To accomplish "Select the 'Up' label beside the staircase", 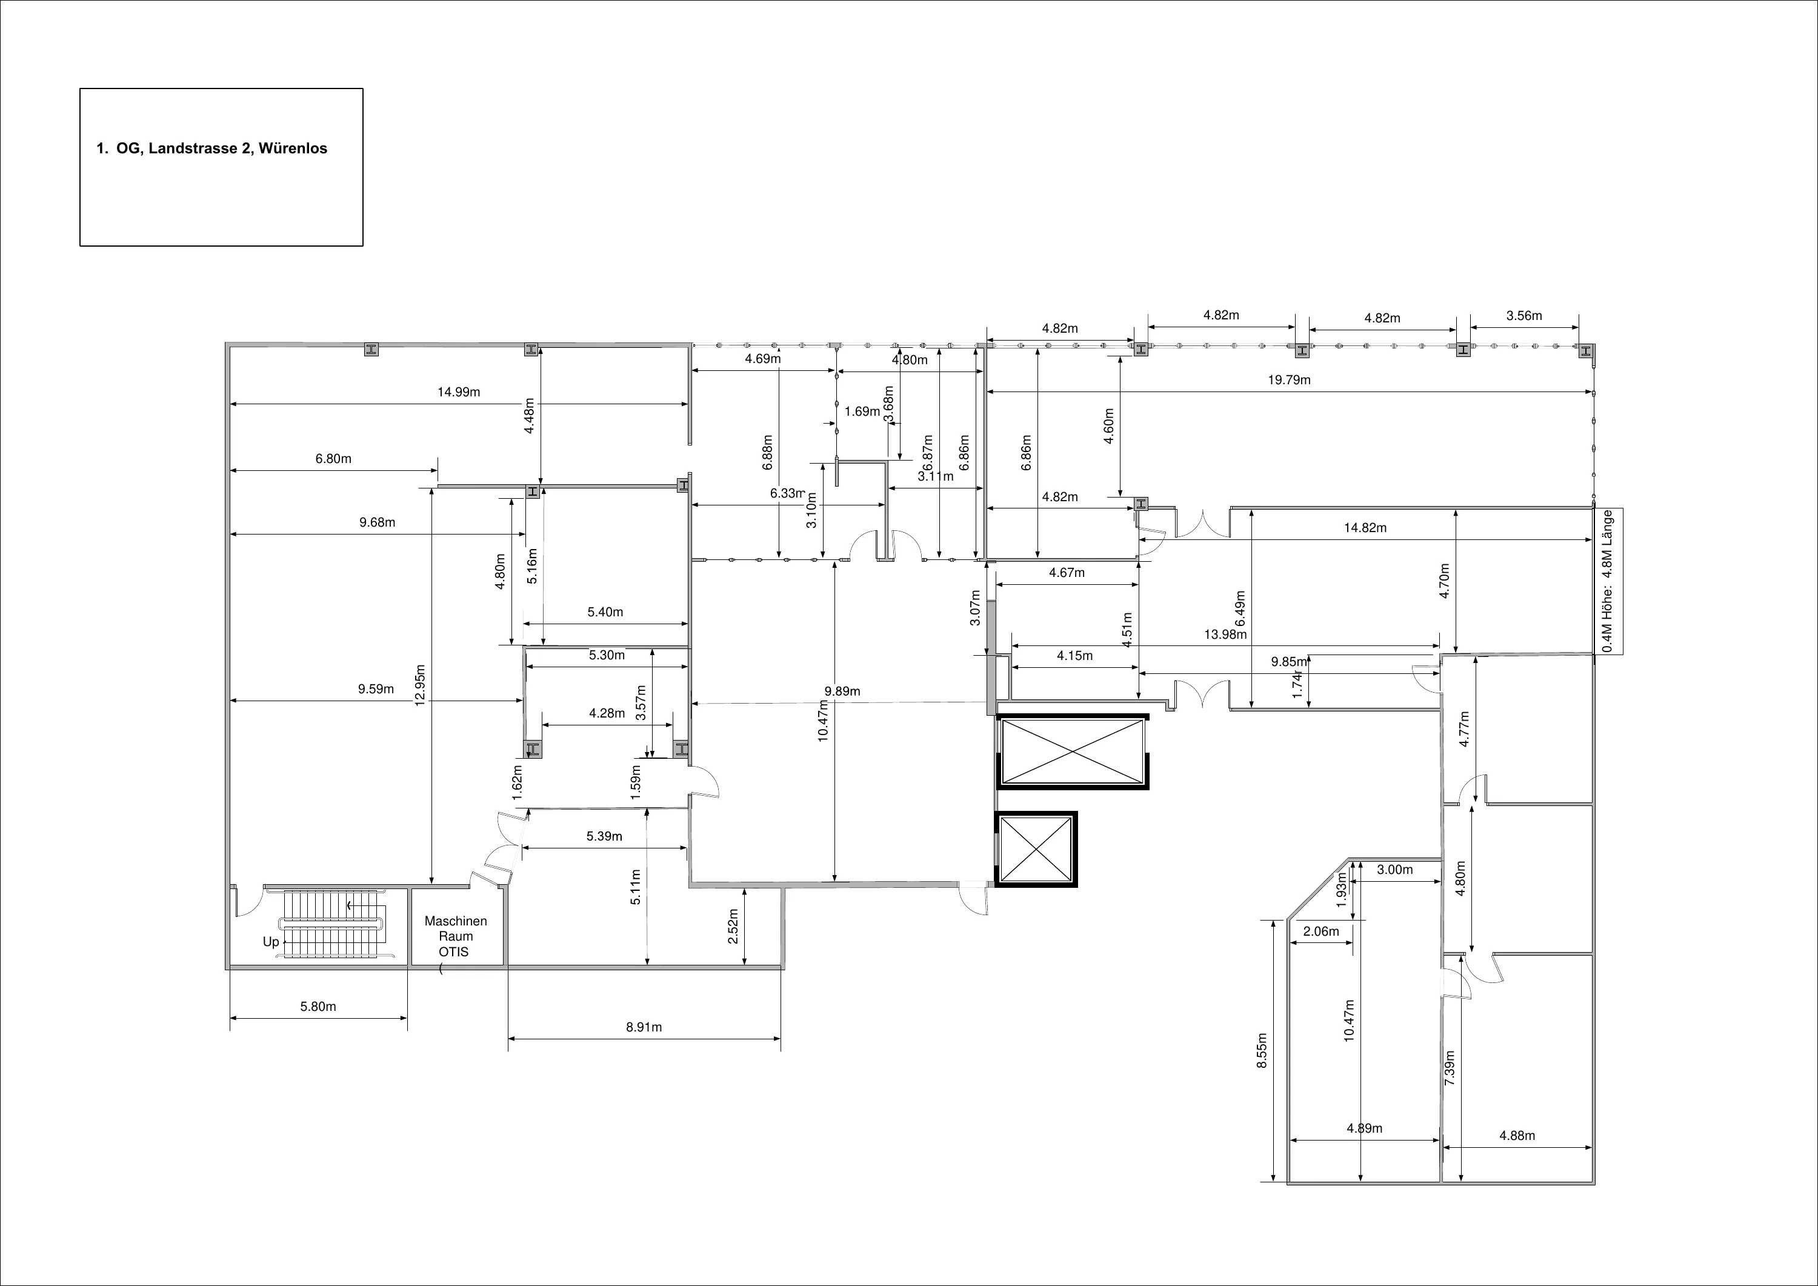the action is [271, 942].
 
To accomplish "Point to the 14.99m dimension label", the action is [459, 392].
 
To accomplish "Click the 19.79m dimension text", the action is [1289, 380].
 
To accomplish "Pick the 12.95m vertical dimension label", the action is [421, 684].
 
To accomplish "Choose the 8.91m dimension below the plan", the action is [644, 1027].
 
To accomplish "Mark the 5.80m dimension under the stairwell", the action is [318, 1007].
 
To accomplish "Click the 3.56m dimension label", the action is [1524, 316].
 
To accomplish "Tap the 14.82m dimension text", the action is [1365, 528].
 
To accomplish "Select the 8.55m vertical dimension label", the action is [1262, 1051].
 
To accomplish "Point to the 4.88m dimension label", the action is [1517, 1136].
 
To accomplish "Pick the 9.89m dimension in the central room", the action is [842, 691].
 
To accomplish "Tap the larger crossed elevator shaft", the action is [1072, 752].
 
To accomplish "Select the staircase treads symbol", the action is [336, 924].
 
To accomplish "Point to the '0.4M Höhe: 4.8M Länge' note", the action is [1608, 581].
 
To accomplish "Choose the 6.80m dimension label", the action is [333, 459].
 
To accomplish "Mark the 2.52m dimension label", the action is [733, 925].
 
